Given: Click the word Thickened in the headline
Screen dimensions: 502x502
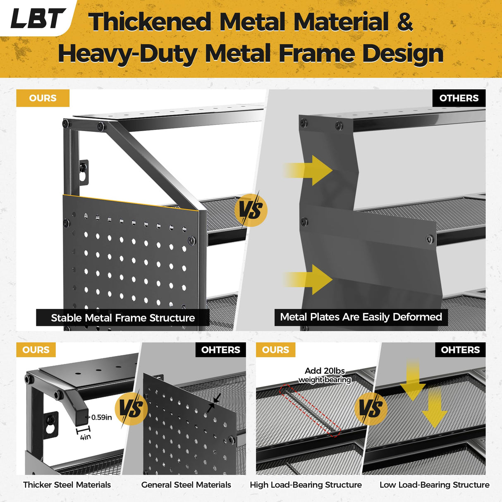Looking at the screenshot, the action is tap(150, 22).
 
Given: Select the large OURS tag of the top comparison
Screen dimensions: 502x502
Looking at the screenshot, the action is tap(43, 98).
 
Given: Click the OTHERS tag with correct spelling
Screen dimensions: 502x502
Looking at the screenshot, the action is tap(459, 98).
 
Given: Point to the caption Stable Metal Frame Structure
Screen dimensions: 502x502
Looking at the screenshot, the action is tap(123, 318).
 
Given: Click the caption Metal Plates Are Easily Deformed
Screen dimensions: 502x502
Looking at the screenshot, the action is tap(361, 317).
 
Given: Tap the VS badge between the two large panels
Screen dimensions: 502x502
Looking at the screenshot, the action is tap(251, 210).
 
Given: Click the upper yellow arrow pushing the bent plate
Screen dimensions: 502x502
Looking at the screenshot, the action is tap(308, 170).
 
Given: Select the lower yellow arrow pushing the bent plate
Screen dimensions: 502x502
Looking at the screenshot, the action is tap(308, 280).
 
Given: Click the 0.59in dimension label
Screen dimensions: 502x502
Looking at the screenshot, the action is tap(101, 417).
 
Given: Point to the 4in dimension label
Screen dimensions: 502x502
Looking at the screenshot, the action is tap(86, 437).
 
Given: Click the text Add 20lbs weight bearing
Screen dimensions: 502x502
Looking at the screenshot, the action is tap(325, 375).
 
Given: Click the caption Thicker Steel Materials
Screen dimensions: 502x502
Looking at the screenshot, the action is tap(67, 485).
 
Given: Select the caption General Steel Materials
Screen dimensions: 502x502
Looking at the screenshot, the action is tap(186, 485).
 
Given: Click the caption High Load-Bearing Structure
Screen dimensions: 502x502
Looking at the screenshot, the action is tap(306, 485).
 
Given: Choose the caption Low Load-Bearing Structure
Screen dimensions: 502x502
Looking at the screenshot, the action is tap(435, 485).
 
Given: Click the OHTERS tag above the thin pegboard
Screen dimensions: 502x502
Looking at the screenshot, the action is tap(221, 349).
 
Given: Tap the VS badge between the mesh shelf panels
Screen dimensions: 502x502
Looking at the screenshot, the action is tap(371, 409).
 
